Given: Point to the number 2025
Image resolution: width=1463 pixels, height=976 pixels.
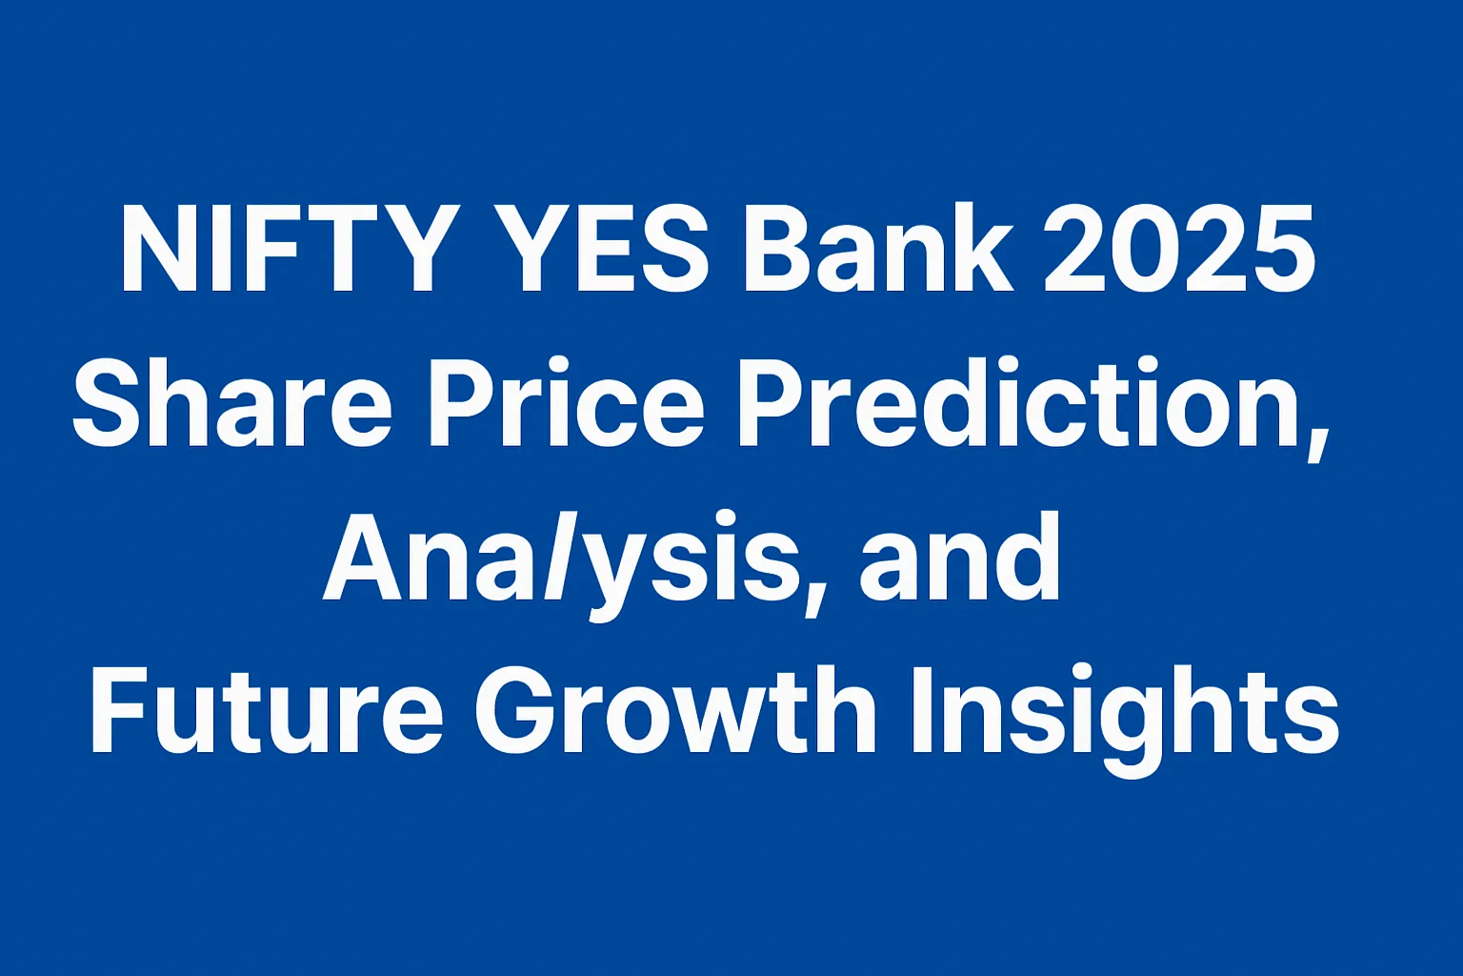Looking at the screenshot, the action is [1179, 249].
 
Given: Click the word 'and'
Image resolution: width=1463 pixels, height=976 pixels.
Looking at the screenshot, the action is [959, 556].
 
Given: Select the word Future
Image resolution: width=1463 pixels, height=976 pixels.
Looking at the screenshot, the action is [266, 709].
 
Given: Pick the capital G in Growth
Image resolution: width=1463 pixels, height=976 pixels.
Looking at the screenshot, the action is [518, 709].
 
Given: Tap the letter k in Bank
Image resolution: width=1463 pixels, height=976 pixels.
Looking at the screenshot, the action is [979, 248].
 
